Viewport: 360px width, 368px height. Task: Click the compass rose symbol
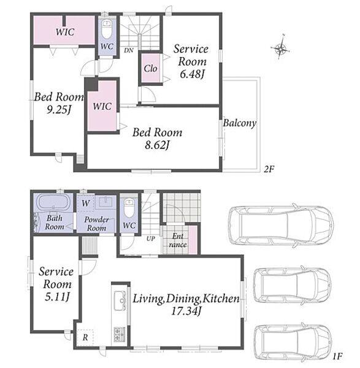[280, 48]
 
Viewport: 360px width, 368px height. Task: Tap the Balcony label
[239, 123]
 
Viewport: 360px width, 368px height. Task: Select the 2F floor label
[269, 169]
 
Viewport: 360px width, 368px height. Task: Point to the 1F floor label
[337, 356]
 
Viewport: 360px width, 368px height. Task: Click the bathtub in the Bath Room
[54, 202]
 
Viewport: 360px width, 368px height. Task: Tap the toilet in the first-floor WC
[129, 207]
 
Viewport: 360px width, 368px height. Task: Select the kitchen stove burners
[120, 334]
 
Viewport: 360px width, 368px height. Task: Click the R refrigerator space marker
[85, 338]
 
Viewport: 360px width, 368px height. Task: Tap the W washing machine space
[86, 203]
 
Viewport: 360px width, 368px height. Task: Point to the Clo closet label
[150, 69]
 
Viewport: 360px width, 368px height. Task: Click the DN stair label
[129, 50]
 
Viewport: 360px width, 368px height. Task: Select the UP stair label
[151, 239]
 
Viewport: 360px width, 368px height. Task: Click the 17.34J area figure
[186, 311]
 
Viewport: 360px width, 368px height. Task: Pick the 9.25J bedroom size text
[59, 109]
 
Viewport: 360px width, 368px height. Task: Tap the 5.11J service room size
[57, 297]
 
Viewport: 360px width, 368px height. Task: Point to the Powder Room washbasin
[105, 202]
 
